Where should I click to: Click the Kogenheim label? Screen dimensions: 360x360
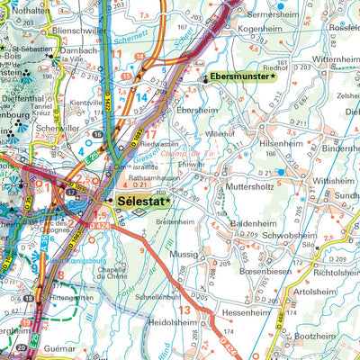(260, 29)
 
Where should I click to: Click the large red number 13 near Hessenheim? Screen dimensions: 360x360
(183, 309)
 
